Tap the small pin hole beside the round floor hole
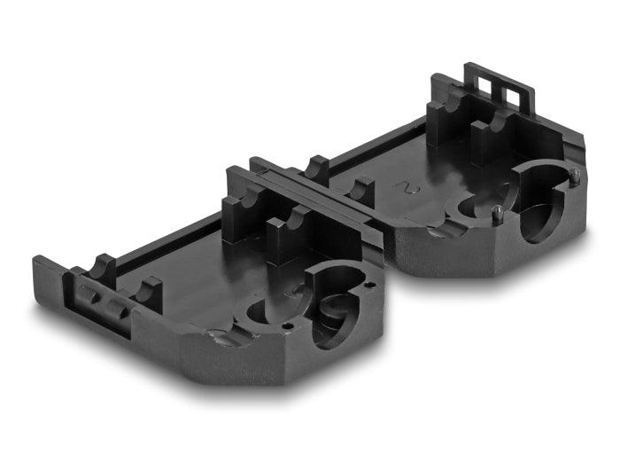coord(289,325)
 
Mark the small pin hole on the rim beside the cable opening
coord(369,286)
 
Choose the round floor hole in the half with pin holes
coord(263,312)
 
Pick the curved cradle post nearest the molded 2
coord(361,189)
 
